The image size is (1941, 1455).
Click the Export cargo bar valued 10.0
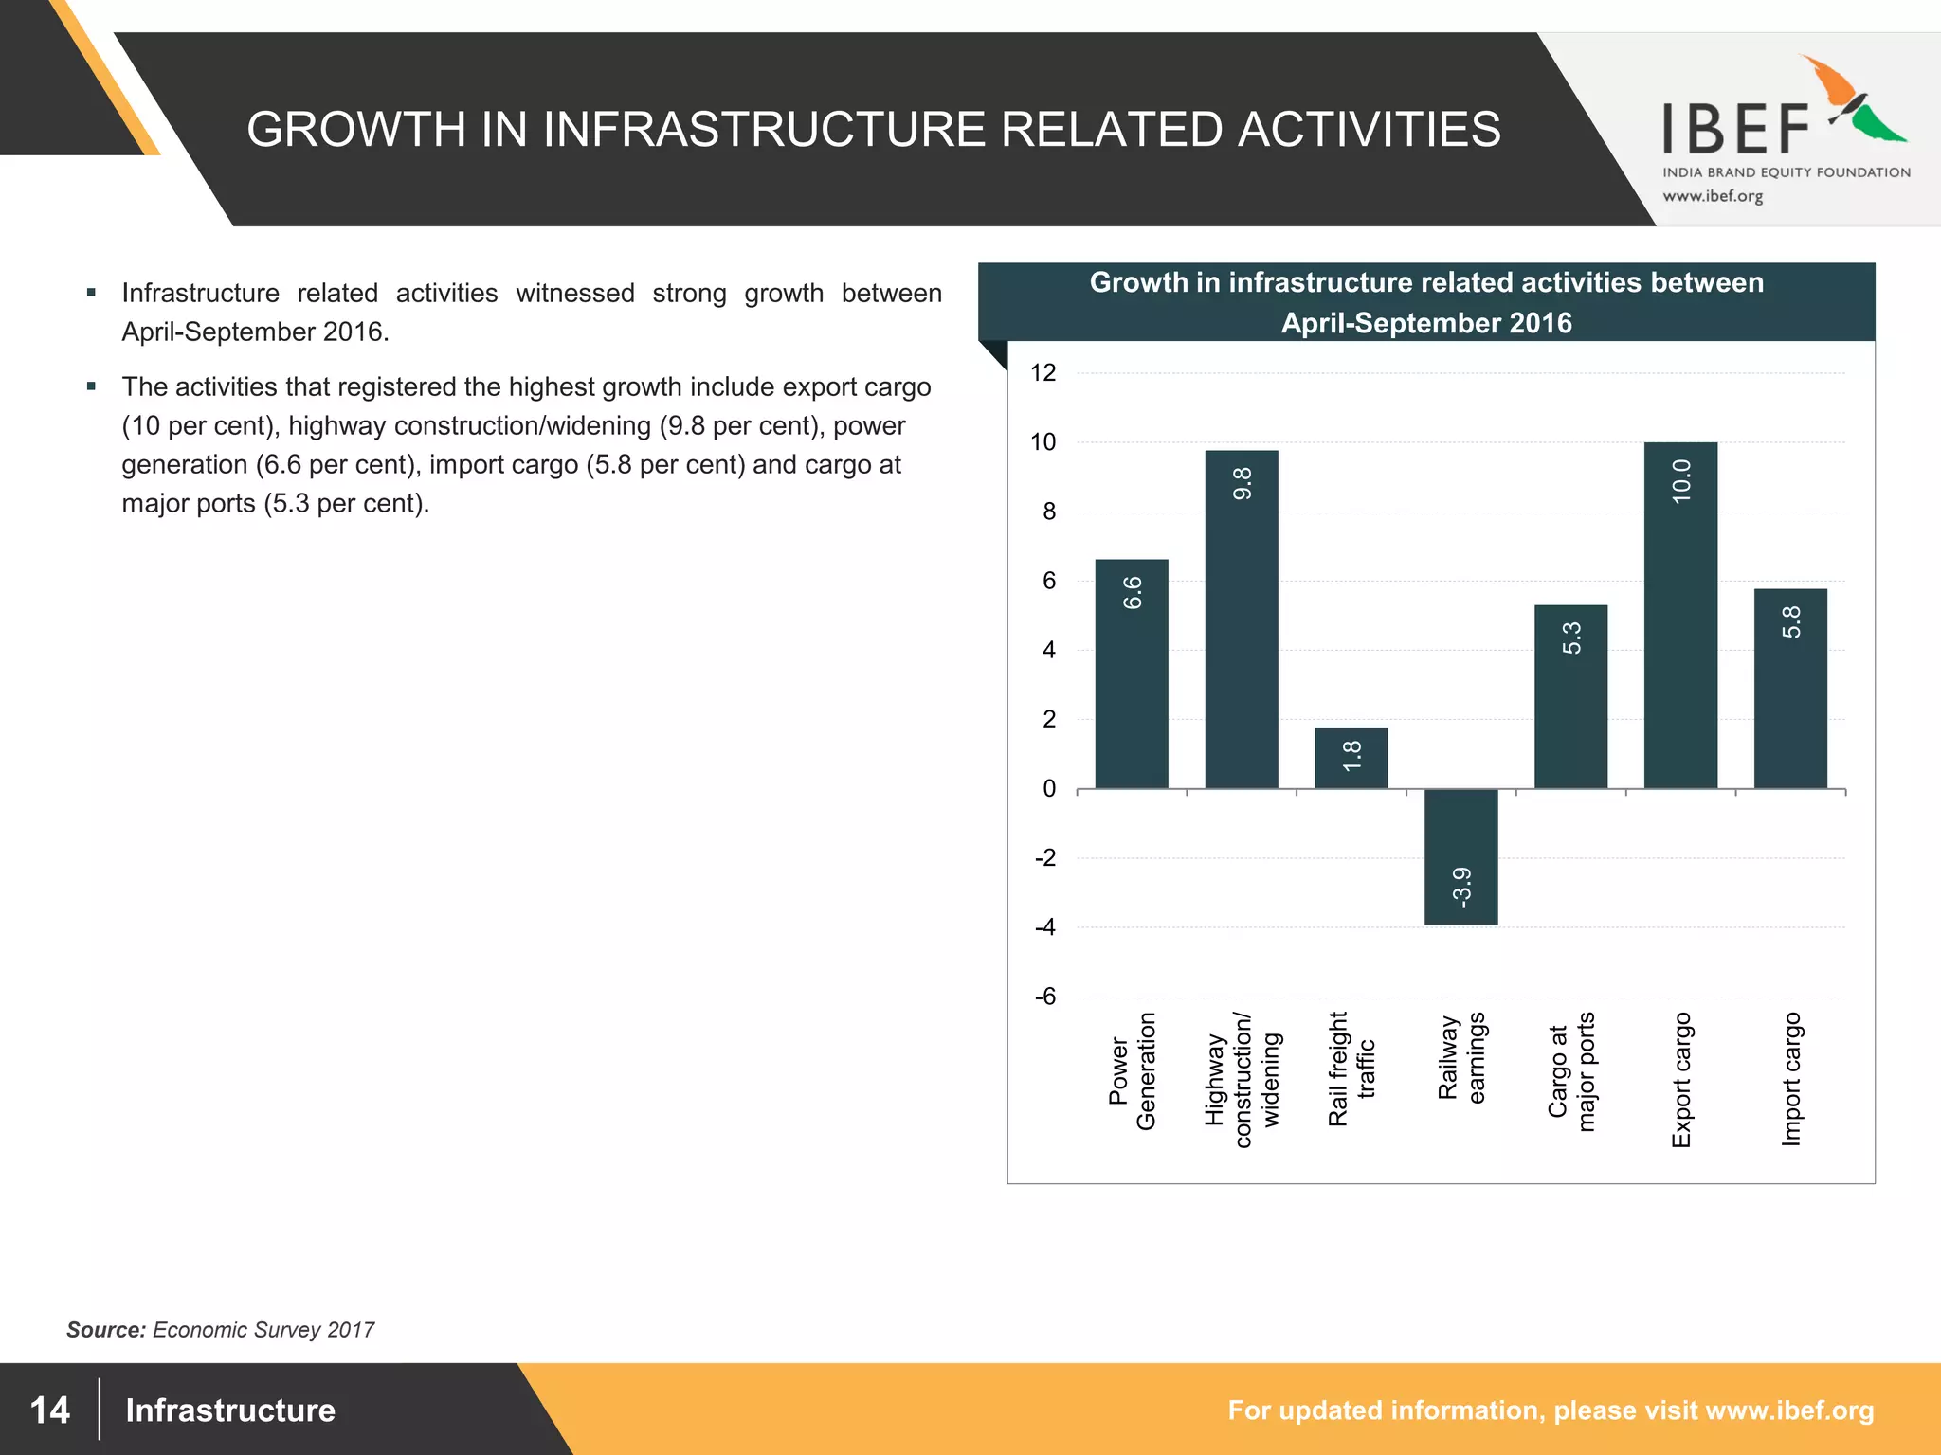pos(1680,616)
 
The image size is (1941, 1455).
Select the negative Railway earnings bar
pos(1460,856)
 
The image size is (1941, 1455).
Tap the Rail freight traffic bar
pos(1351,758)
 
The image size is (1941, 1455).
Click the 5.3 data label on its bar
pos(1571,638)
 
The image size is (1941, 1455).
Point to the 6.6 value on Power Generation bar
pos(1132,593)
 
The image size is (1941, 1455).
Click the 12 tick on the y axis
pos(1043,373)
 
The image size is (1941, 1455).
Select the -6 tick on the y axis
pos(1044,997)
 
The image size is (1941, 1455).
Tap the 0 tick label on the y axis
pos(1048,788)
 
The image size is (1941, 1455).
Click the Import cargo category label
pos(1790,1079)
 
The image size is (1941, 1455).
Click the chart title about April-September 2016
pos(1426,302)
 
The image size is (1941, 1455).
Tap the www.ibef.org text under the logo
pos(1713,196)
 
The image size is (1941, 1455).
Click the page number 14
pos(50,1410)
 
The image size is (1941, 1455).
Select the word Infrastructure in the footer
pos(230,1410)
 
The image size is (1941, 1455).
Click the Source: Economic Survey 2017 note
pos(220,1330)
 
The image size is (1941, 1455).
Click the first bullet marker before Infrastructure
pos(91,293)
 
